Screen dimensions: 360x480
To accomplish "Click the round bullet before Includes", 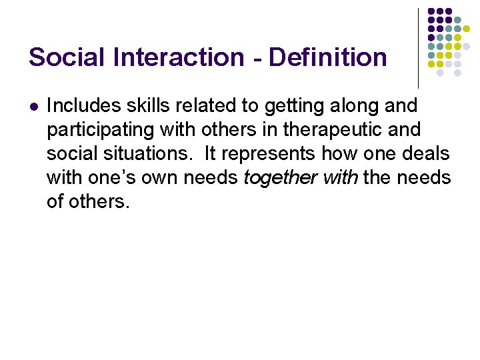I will (x=34, y=106).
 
